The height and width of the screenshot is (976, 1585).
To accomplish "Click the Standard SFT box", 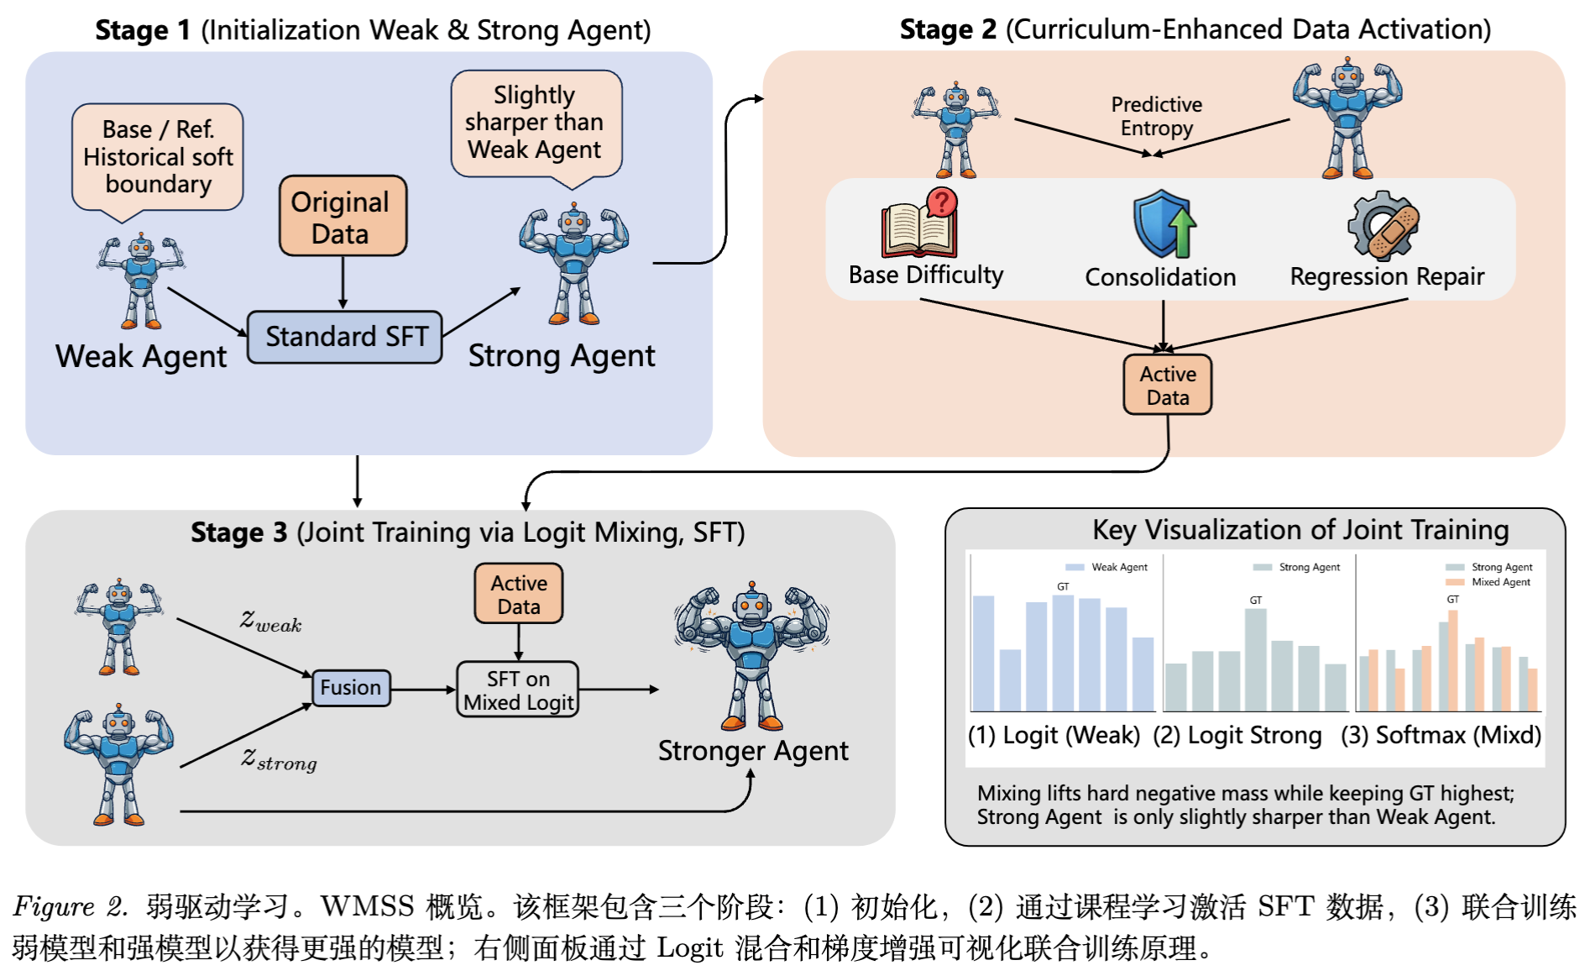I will click(x=345, y=337).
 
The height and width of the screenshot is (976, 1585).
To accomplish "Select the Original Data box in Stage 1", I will click(x=343, y=217).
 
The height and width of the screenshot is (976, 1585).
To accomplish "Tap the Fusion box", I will click(x=350, y=688).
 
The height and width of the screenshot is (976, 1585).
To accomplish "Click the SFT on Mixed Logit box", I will click(x=518, y=690).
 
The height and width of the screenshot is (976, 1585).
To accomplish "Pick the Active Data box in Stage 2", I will click(x=1167, y=386).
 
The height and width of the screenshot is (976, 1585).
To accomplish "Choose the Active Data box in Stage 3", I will click(x=518, y=595).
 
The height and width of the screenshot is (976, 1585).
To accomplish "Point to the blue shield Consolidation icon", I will click(x=1164, y=224).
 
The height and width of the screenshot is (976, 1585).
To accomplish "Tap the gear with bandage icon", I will click(x=1384, y=225).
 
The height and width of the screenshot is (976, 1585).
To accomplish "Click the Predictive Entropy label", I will click(x=1156, y=116).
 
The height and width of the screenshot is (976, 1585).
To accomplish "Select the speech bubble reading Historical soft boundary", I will click(x=158, y=158).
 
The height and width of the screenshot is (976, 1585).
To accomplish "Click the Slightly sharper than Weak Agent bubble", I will click(x=536, y=123).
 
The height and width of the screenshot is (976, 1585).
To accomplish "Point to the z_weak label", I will click(x=270, y=621).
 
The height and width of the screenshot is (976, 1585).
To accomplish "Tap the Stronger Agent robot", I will click(x=751, y=655).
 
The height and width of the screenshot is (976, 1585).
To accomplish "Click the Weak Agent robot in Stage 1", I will click(x=141, y=281).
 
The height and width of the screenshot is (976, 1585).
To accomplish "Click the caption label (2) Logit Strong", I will click(x=1237, y=736).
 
